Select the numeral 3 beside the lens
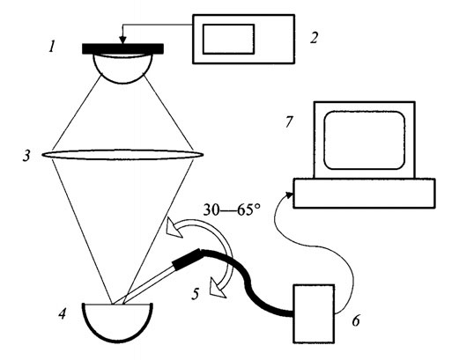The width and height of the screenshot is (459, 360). click(30, 157)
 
